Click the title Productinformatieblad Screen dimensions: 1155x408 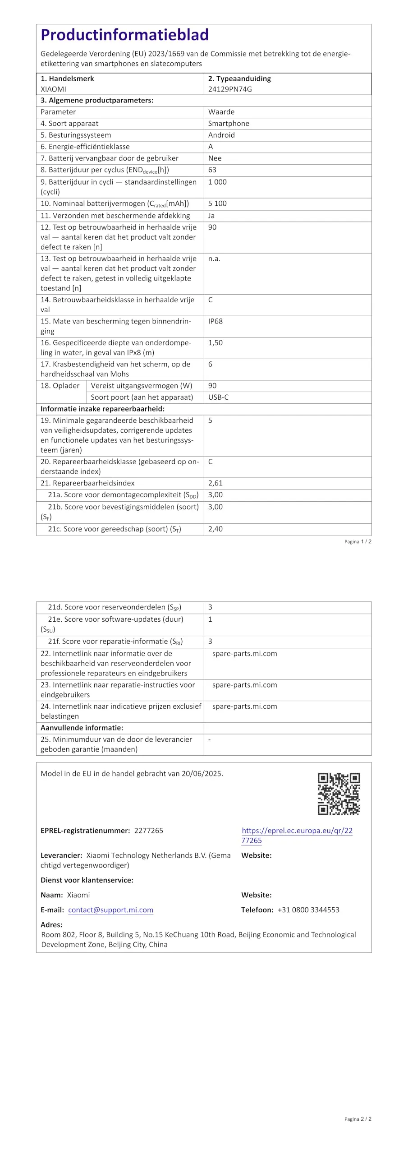click(x=124, y=35)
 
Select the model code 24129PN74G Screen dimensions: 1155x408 click(x=230, y=89)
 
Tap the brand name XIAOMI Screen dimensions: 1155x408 click(x=53, y=89)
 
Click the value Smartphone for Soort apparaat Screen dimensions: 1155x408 click(x=229, y=123)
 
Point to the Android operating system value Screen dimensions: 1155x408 click(x=221, y=135)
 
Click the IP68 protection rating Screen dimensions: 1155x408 click(x=215, y=321)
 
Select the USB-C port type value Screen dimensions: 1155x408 click(x=218, y=397)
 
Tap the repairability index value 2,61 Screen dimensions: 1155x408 click(x=215, y=483)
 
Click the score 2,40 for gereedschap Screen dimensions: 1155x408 click(x=215, y=529)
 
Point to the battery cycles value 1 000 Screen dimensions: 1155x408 click(x=217, y=182)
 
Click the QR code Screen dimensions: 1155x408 click(x=339, y=794)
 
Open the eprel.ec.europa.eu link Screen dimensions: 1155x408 click(x=297, y=835)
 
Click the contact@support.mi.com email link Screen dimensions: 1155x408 click(x=111, y=910)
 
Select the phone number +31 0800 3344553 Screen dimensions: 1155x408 click(x=308, y=910)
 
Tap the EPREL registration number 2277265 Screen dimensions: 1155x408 click(x=149, y=831)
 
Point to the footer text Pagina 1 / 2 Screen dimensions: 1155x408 click(x=358, y=541)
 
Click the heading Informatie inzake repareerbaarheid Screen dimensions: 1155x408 click(x=102, y=409)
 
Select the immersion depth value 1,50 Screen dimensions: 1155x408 click(x=215, y=343)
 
